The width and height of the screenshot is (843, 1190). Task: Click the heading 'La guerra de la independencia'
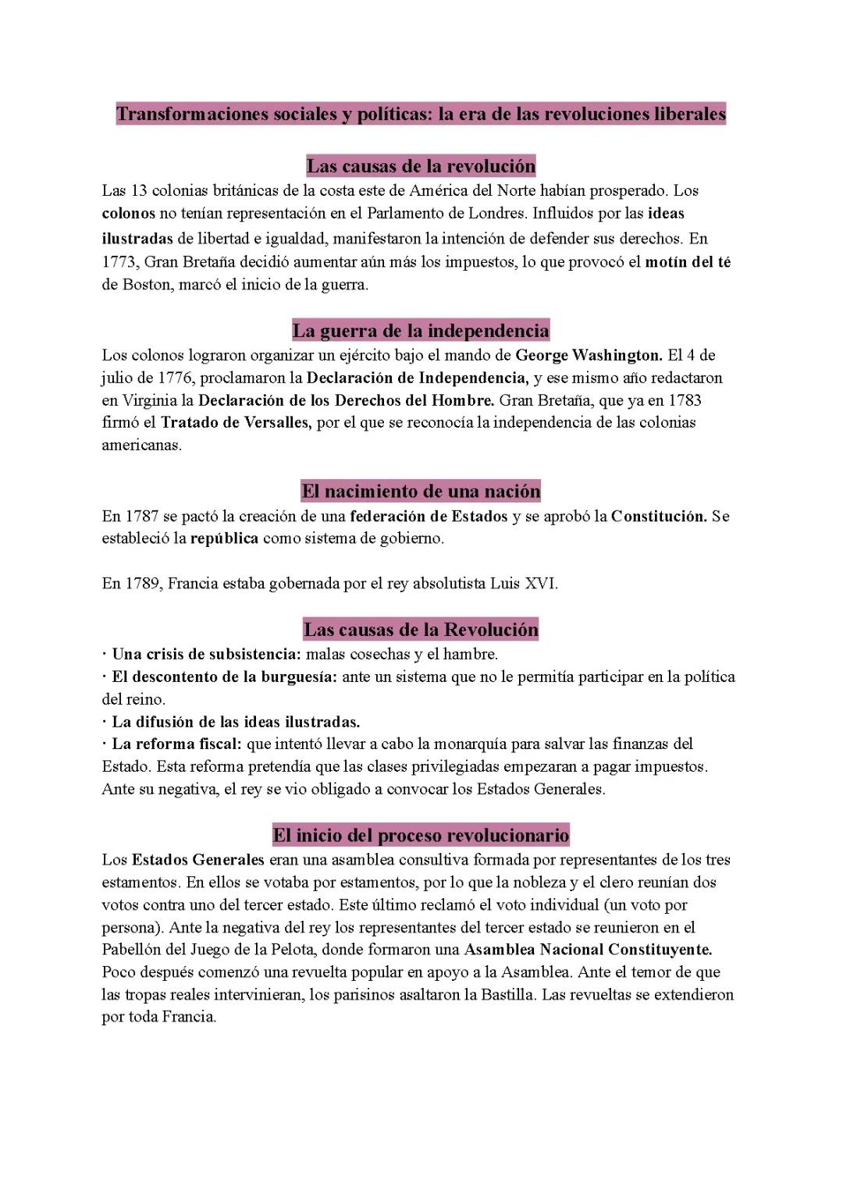(421, 331)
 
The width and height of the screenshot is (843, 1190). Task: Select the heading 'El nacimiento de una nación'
(421, 492)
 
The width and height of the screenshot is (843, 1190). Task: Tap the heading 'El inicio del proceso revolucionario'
(421, 836)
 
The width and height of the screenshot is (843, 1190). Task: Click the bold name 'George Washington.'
(589, 356)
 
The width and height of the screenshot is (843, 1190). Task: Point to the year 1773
(119, 262)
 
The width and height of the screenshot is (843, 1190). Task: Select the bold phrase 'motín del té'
(688, 262)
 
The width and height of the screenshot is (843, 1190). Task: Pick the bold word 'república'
(224, 538)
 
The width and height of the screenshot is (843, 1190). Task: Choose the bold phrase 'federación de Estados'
(429, 517)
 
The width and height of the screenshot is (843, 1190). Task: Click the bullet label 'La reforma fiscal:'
(176, 744)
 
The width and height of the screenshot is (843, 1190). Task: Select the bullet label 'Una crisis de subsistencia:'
(206, 654)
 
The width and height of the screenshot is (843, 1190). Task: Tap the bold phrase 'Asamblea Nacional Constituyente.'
(588, 950)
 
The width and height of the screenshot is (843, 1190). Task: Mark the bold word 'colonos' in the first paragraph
(129, 214)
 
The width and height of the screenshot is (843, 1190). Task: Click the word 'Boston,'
(148, 285)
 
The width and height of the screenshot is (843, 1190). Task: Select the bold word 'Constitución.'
(659, 517)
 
